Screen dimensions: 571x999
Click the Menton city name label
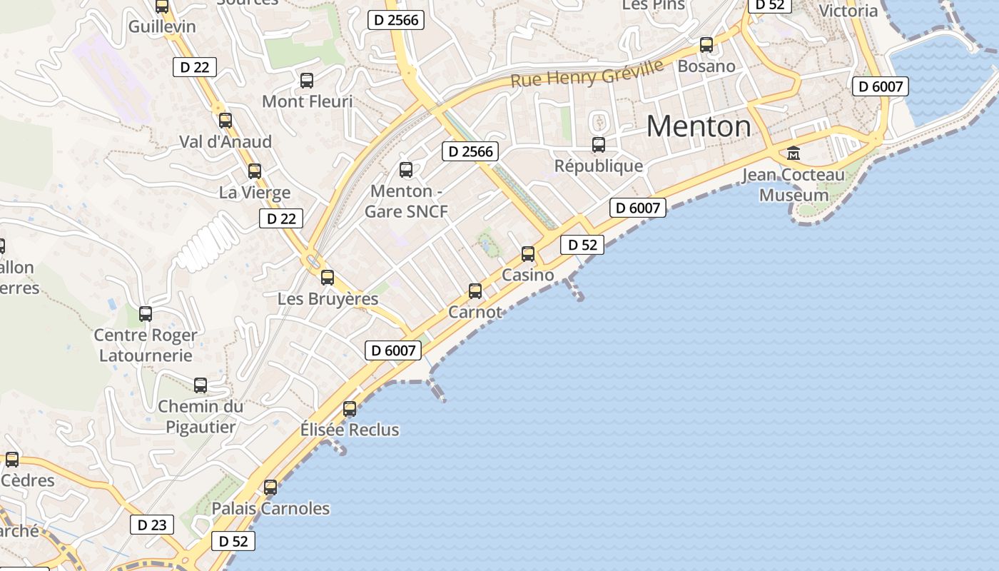click(x=699, y=127)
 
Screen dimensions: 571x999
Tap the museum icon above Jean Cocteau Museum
click(x=793, y=153)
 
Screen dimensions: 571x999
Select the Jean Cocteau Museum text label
click(x=793, y=185)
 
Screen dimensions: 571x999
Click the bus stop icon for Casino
click(x=528, y=253)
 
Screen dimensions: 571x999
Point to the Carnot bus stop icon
click(x=475, y=290)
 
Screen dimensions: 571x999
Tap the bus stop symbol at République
click(x=599, y=145)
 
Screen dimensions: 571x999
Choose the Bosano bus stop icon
click(x=706, y=45)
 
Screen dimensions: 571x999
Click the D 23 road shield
click(x=152, y=525)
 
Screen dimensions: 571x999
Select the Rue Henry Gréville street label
click(x=587, y=74)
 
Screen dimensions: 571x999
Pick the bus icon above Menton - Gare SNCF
click(x=406, y=170)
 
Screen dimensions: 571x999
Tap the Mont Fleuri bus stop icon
click(x=307, y=81)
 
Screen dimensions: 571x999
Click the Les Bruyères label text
click(x=328, y=299)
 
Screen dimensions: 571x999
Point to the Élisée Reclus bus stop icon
click(x=350, y=409)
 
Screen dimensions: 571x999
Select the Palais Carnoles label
click(x=271, y=509)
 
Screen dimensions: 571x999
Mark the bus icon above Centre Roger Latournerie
click(x=146, y=313)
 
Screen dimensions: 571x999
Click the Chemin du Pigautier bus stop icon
click(x=201, y=385)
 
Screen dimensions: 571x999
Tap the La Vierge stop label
click(x=255, y=193)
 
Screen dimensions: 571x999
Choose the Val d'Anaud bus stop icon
click(x=225, y=121)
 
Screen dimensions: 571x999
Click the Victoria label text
click(x=848, y=11)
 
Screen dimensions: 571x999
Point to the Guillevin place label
click(x=162, y=26)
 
